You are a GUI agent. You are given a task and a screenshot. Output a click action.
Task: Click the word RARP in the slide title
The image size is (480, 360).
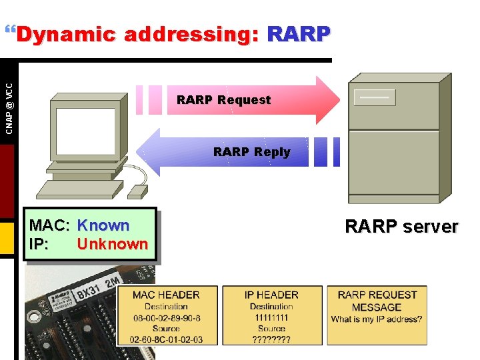coord(298,34)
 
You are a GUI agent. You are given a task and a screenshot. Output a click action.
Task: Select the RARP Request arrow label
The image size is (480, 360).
coord(223,100)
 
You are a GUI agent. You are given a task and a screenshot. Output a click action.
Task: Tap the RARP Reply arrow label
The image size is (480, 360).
coord(251,152)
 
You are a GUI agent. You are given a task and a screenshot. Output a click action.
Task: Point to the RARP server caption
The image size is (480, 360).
coord(401,227)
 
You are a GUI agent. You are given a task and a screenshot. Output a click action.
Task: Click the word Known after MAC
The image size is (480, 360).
coord(103,226)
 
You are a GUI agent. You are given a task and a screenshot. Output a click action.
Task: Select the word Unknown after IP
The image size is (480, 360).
coord(112,244)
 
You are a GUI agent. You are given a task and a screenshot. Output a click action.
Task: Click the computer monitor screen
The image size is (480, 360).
coord(85,131)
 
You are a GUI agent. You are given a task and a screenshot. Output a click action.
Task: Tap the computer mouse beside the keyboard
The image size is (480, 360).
coord(137,191)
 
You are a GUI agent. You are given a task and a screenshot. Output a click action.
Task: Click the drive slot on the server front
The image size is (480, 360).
coord(375,97)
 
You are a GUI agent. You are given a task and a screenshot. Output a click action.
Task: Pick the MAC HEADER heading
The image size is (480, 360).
coord(166,295)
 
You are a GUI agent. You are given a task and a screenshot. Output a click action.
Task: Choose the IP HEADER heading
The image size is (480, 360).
coord(271,295)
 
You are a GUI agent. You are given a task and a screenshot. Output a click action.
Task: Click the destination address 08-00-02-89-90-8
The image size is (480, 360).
coord(166,318)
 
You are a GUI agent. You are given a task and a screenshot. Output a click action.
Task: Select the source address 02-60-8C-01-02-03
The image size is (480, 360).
coord(166,339)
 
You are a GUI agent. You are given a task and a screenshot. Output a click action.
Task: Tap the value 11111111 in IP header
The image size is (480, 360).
coord(271,318)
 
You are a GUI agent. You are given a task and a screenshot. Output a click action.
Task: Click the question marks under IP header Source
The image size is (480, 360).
coord(271,339)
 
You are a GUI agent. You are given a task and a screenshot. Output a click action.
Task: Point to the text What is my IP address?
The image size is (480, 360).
coord(377,319)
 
